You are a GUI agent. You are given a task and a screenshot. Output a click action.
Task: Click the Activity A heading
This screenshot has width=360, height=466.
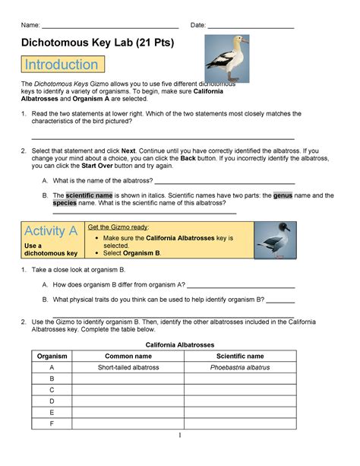tap(51, 231)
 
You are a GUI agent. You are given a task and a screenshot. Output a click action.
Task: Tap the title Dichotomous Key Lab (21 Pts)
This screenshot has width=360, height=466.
tap(97, 43)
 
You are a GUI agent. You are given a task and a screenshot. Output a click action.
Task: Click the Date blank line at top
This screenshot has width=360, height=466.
tap(250, 25)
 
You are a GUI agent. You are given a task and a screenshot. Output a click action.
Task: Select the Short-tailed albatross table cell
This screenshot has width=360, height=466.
tap(128, 367)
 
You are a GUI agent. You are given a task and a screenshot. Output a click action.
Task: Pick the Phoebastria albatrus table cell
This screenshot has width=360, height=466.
tap(240, 367)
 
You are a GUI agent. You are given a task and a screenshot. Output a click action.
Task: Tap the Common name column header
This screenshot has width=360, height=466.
tap(128, 355)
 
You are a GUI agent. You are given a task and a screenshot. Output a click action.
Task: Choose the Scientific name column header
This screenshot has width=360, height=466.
tap(240, 355)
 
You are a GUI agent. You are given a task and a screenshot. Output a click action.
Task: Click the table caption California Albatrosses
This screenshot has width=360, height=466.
tap(179, 344)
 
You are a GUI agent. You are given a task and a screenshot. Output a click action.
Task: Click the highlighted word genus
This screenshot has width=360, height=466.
tap(283, 195)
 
